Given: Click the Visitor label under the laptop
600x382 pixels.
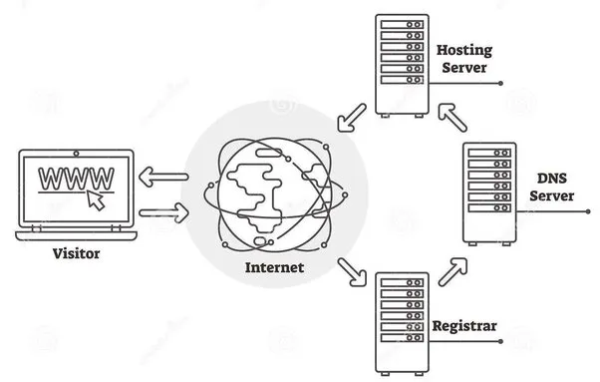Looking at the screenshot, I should tap(77, 255).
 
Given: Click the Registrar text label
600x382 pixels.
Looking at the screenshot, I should tap(465, 326).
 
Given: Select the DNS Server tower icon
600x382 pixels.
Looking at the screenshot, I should tap(489, 192).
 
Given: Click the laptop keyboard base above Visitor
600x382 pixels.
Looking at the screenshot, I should tap(77, 233).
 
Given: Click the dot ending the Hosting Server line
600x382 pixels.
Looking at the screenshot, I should tap(499, 83).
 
